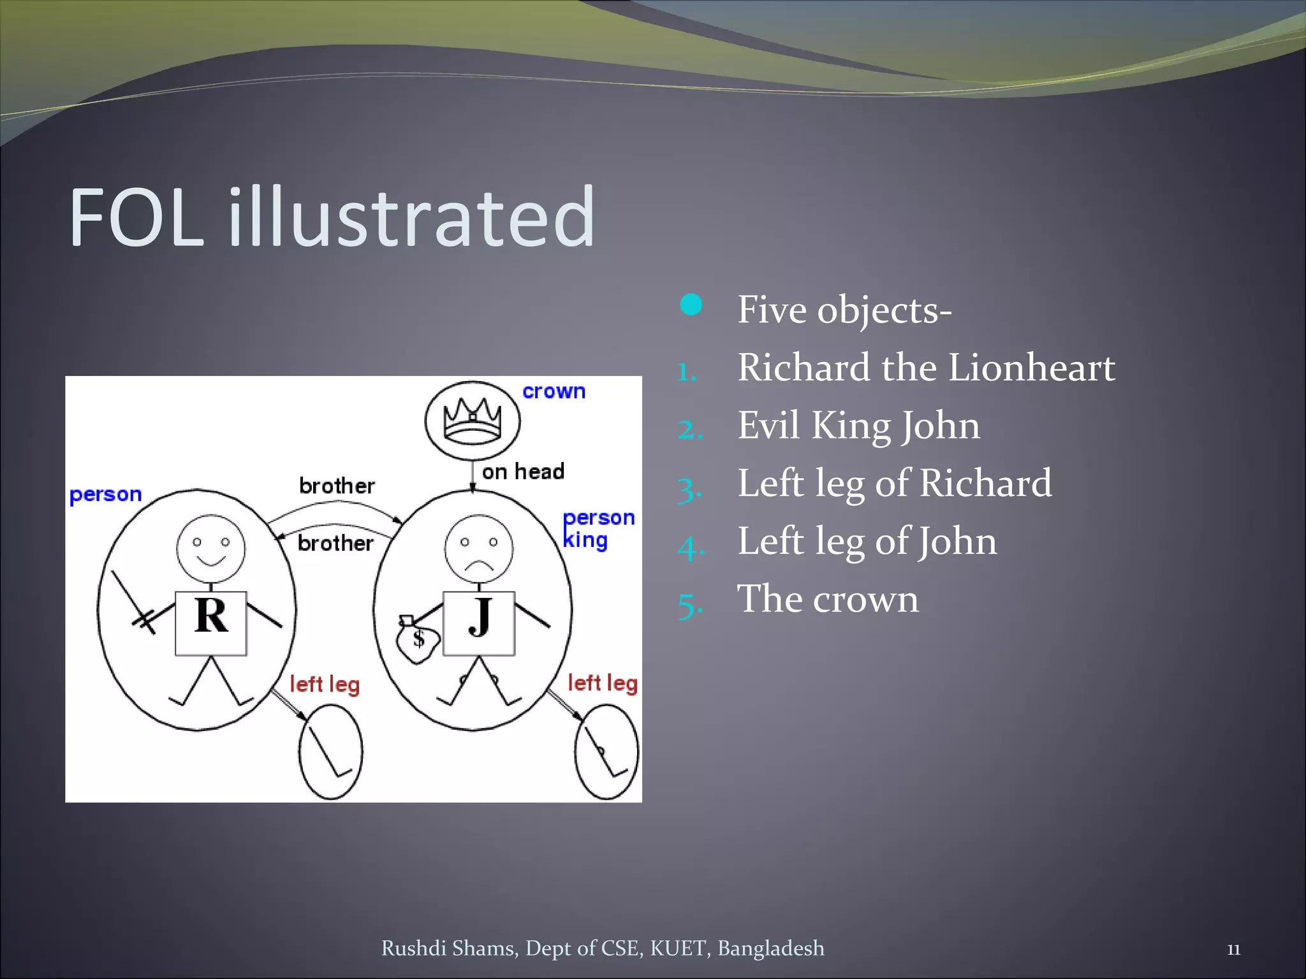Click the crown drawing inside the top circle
coord(473,420)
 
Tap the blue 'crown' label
coord(554,391)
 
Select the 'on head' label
coord(523,472)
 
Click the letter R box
coord(211,623)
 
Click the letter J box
coord(479,623)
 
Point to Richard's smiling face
coord(210,549)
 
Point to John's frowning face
coord(479,549)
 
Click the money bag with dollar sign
coord(417,640)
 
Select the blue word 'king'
coord(585,540)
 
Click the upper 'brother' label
coord(337,486)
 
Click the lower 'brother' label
coord(335,543)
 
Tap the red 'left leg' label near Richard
coord(325,685)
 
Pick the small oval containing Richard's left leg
coord(331,751)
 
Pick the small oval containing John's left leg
coord(606,751)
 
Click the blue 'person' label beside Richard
coord(105,495)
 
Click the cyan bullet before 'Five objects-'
coord(691,305)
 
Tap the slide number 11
coord(1233,950)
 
